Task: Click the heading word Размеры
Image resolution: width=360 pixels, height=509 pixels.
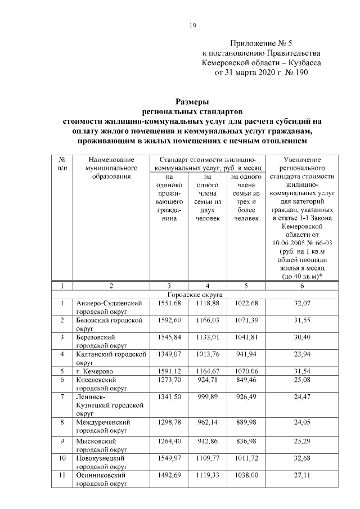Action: (x=192, y=102)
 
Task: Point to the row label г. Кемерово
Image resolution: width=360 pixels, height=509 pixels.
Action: (x=93, y=371)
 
